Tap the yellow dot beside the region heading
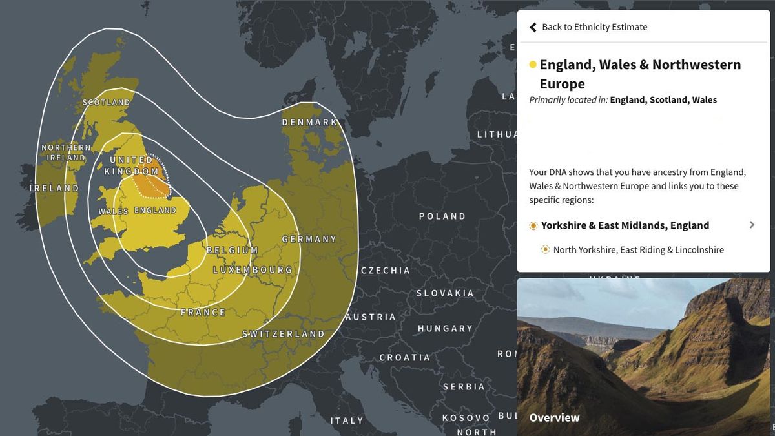click(533, 65)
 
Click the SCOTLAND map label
click(107, 103)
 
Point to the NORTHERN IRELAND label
click(66, 152)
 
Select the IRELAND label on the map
click(54, 188)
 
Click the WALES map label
click(113, 211)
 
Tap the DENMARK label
click(309, 122)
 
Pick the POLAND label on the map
click(442, 216)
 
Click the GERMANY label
click(309, 239)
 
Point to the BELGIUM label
click(232, 250)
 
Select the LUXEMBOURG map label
click(253, 269)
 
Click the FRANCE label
click(203, 312)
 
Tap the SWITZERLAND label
click(283, 334)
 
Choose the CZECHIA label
click(385, 271)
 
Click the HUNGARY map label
click(445, 329)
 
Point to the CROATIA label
click(404, 357)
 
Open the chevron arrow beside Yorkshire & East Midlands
click(752, 225)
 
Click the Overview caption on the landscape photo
click(554, 418)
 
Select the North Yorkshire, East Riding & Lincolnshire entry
click(638, 250)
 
